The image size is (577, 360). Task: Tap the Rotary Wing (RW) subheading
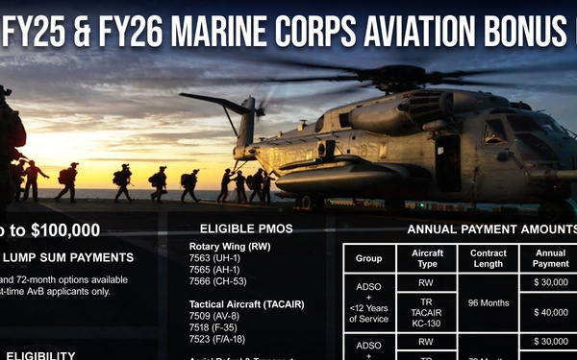pos(230,247)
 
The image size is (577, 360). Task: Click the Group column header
pos(368,258)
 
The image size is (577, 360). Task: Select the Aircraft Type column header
pos(426,258)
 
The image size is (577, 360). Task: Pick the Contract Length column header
pos(488,258)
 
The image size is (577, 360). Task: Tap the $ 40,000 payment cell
pos(550,312)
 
